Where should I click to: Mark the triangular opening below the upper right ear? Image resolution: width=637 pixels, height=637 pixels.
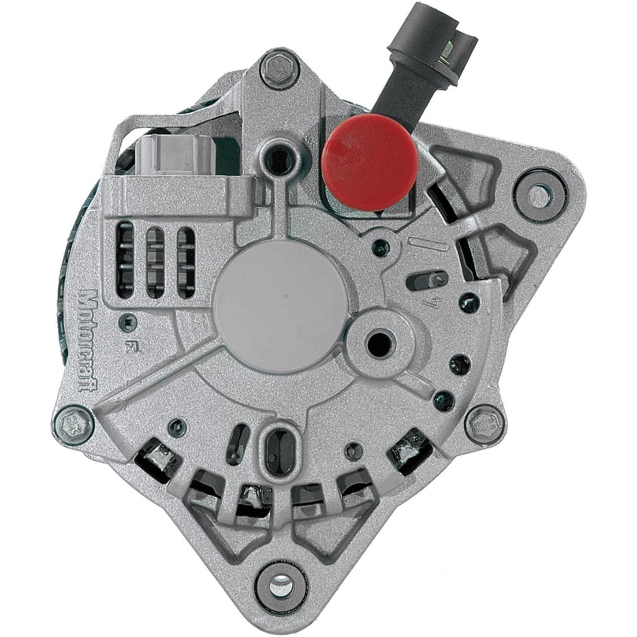pos(507,251)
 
